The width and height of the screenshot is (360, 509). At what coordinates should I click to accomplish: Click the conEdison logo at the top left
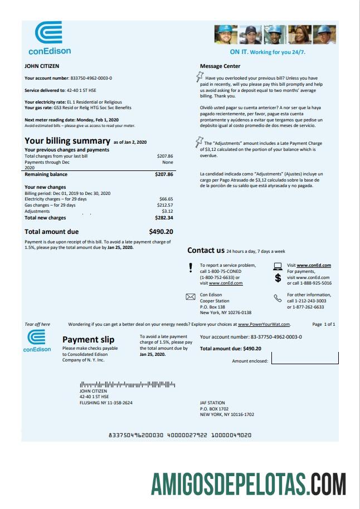[50, 38]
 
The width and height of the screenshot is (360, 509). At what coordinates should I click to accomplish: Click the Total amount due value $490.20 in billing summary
[161, 232]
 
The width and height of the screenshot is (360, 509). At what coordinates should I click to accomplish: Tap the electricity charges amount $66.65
[166, 199]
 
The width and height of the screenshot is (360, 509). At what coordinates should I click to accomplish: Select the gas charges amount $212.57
[164, 205]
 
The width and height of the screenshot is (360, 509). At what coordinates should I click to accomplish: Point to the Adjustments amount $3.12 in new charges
[167, 212]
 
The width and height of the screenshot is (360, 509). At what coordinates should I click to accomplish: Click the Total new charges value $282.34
[163, 218]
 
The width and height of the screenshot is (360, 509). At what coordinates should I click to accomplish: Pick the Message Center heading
[220, 66]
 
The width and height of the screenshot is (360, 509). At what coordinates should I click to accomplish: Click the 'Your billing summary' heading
[67, 141]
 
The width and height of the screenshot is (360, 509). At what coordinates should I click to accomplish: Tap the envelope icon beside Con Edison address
[190, 297]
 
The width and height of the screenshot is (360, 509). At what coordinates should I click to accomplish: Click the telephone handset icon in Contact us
[278, 298]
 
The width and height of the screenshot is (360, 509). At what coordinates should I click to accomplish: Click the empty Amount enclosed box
[304, 360]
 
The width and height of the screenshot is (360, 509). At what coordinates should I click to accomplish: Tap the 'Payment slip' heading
[88, 340]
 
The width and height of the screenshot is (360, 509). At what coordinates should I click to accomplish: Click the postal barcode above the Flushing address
[127, 384]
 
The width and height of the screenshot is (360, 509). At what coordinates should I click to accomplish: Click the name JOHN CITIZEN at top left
[42, 66]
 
